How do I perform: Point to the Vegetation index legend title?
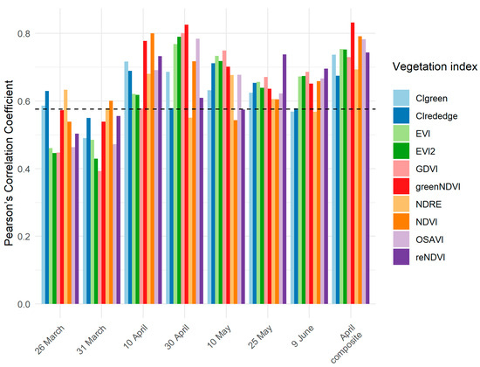point(422,66)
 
